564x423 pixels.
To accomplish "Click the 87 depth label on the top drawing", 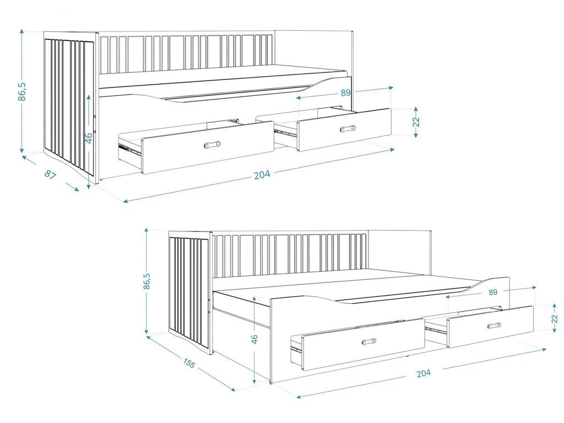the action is click(x=51, y=175).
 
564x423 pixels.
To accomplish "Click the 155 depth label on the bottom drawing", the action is click(x=189, y=364).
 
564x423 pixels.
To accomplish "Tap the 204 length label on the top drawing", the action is click(x=262, y=175).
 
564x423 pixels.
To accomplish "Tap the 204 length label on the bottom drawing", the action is click(x=424, y=373).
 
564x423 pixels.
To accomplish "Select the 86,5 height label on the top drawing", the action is click(x=22, y=91).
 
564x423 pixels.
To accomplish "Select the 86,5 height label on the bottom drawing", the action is click(x=147, y=281).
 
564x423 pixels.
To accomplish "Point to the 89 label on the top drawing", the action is click(x=345, y=93).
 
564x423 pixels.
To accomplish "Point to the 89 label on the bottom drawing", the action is click(x=493, y=292).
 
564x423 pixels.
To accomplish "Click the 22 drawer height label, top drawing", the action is click(x=416, y=122).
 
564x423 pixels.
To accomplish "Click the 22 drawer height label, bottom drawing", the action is click(x=554, y=319).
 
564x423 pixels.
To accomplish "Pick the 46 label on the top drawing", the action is click(x=89, y=137).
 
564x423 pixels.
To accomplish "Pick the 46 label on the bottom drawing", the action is click(x=254, y=339).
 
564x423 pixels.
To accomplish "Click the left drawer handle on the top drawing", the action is click(x=212, y=145).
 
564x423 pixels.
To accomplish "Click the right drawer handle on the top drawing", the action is click(x=348, y=128).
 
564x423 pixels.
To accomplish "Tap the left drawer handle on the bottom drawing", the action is click(x=369, y=341).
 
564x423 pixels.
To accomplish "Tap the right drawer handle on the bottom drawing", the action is click(x=494, y=326).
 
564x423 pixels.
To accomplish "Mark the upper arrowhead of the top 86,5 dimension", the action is click(x=22, y=31).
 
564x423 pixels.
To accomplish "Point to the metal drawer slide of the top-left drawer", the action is click(x=129, y=149).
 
